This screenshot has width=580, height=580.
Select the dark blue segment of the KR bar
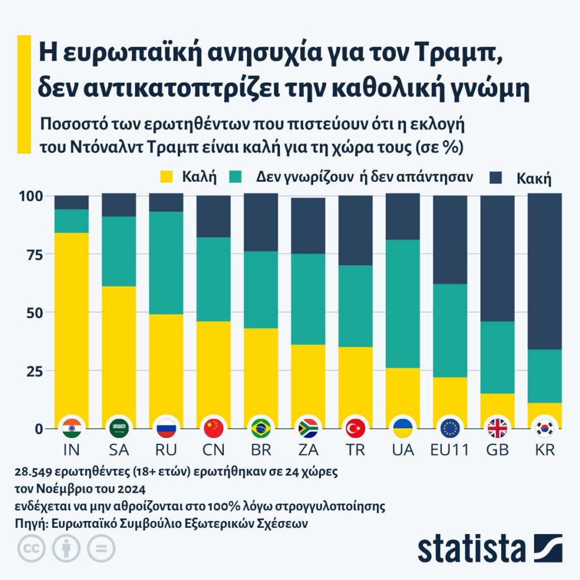544,271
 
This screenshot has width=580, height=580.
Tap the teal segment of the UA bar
402,304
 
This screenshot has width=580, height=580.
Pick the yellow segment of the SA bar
119,351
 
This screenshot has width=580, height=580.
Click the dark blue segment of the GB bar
497,258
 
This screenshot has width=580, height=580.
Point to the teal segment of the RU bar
166,263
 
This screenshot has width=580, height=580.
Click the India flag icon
71,428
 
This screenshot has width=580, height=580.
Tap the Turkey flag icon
355,428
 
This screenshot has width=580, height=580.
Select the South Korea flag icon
544,428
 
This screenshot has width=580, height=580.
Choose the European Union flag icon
450,428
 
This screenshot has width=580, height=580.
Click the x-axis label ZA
308,450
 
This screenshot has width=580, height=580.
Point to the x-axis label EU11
450,450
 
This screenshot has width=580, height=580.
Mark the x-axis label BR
261,450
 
